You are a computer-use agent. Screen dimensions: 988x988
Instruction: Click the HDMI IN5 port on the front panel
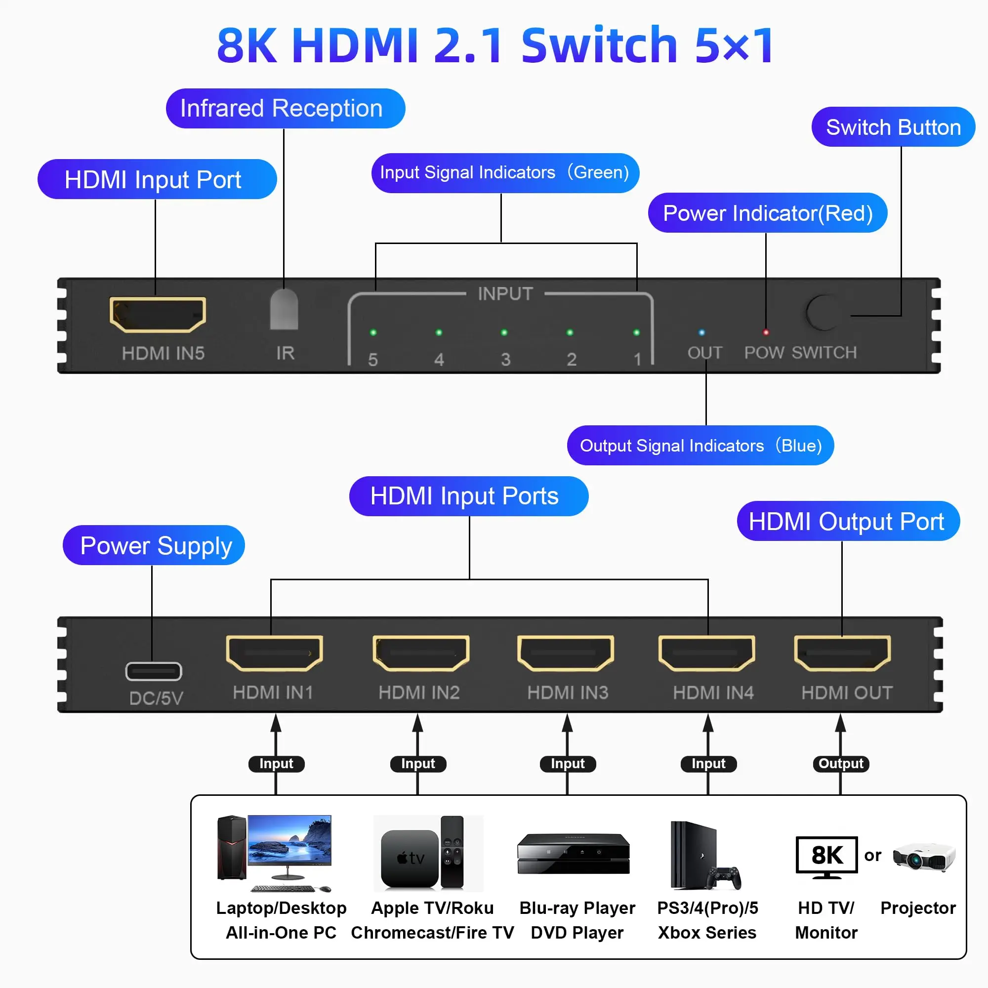pyautogui.click(x=158, y=314)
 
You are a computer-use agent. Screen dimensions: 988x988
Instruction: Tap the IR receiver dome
pyautogui.click(x=284, y=309)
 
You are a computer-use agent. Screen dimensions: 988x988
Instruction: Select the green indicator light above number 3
pyautogui.click(x=504, y=332)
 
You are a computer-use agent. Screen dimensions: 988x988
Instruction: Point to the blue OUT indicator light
pyautogui.click(x=701, y=332)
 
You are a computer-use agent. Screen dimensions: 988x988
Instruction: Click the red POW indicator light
pyautogui.click(x=766, y=332)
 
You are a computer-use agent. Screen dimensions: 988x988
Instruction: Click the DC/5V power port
pyautogui.click(x=154, y=671)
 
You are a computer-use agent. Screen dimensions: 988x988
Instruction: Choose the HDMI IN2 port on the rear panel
pyautogui.click(x=420, y=653)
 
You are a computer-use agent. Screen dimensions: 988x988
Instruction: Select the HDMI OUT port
pyautogui.click(x=842, y=653)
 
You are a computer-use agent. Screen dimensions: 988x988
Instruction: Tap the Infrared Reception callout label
pyautogui.click(x=285, y=108)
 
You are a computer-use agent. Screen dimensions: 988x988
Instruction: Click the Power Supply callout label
pyautogui.click(x=154, y=545)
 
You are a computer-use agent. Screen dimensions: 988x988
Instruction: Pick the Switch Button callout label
pyautogui.click(x=893, y=127)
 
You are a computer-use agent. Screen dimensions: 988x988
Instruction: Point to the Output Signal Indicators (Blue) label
pyautogui.click(x=700, y=446)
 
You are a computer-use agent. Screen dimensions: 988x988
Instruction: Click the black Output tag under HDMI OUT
pyautogui.click(x=840, y=764)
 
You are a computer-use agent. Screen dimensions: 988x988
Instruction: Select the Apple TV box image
pyautogui.click(x=409, y=858)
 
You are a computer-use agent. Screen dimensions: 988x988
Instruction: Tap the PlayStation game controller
pyautogui.click(x=724, y=877)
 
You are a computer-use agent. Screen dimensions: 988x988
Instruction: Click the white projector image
pyautogui.click(x=924, y=857)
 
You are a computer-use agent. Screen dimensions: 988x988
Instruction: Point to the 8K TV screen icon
pyautogui.click(x=826, y=855)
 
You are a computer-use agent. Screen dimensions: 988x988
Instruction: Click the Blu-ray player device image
pyautogui.click(x=573, y=854)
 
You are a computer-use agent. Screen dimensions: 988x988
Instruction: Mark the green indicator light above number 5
pyautogui.click(x=373, y=332)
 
